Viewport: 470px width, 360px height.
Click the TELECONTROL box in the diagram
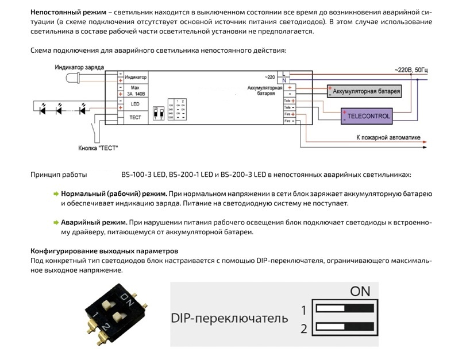[x=368, y=116]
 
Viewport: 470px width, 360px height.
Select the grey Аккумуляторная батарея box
[x=364, y=92]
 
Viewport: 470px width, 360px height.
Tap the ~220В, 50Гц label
[x=411, y=69]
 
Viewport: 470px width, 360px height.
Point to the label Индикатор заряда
[x=79, y=68]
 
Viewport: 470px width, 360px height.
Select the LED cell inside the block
[x=136, y=104]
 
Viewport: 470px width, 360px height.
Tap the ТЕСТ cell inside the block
[x=136, y=117]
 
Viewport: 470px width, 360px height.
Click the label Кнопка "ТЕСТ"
[x=98, y=148]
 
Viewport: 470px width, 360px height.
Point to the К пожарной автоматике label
[x=388, y=138]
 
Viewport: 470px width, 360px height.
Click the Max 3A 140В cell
[x=136, y=90]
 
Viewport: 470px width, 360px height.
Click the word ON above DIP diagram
[x=360, y=291]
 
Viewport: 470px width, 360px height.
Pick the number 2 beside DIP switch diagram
[x=303, y=329]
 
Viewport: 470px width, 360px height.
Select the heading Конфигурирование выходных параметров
[x=104, y=251]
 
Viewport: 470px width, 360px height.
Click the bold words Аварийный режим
[x=94, y=222]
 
